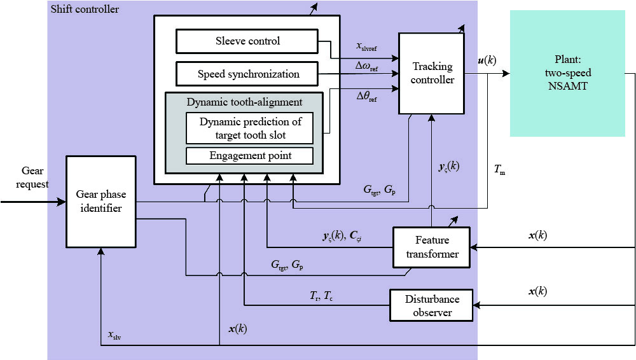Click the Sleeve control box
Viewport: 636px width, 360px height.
click(x=247, y=42)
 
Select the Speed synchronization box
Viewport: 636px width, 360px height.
click(x=247, y=74)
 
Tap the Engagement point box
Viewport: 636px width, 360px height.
click(x=249, y=155)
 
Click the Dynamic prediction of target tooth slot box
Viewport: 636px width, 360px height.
click(x=249, y=127)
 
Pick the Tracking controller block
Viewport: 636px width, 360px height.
click(x=432, y=73)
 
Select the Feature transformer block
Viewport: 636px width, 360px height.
click(x=432, y=247)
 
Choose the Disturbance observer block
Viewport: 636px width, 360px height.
click(x=432, y=305)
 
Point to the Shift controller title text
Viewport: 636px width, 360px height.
click(x=83, y=10)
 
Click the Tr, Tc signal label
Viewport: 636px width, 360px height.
click(x=318, y=295)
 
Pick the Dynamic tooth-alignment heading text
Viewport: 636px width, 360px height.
click(x=245, y=102)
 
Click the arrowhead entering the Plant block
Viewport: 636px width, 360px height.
click(x=506, y=73)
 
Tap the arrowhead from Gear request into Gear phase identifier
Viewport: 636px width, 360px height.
click(x=62, y=203)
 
